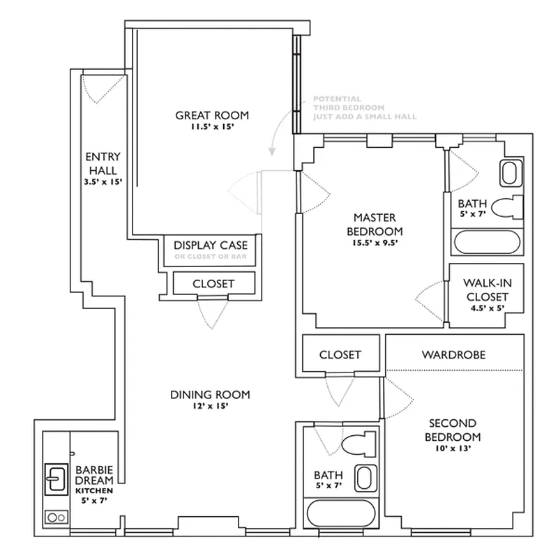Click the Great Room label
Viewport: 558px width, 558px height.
coord(211,116)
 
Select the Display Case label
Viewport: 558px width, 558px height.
coord(210,245)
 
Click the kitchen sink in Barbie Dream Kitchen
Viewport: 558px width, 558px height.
coord(56,478)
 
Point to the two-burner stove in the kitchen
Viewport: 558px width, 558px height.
coord(56,518)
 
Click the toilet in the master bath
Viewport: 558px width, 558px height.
coord(507,208)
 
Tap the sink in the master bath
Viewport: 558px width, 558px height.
coord(510,172)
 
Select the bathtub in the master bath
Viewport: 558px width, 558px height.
coord(488,243)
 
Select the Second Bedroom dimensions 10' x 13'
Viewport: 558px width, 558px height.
coord(453,449)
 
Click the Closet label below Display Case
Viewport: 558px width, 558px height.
coord(213,284)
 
